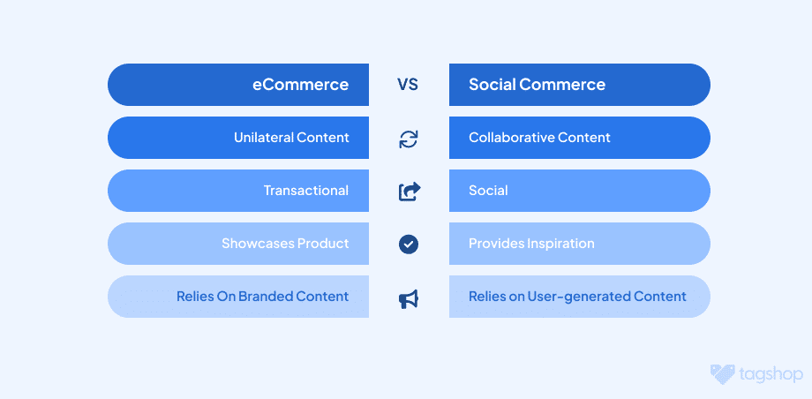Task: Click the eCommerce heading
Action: click(x=300, y=85)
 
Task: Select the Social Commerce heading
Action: click(x=537, y=85)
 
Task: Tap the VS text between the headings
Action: click(x=408, y=85)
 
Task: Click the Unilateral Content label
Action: click(x=291, y=138)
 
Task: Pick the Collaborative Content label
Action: click(x=539, y=138)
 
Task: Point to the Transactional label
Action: click(x=306, y=190)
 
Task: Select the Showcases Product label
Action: click(x=285, y=243)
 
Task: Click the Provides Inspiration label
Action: click(x=531, y=243)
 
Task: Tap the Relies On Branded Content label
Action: click(x=262, y=296)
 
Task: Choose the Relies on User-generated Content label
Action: click(x=577, y=296)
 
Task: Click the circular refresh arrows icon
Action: click(x=409, y=139)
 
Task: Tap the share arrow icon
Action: click(x=410, y=192)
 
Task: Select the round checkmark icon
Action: click(x=409, y=244)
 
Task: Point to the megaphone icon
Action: click(x=409, y=299)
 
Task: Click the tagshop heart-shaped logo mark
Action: click(x=722, y=374)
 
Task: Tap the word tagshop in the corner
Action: click(x=771, y=374)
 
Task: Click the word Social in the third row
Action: click(x=488, y=190)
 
